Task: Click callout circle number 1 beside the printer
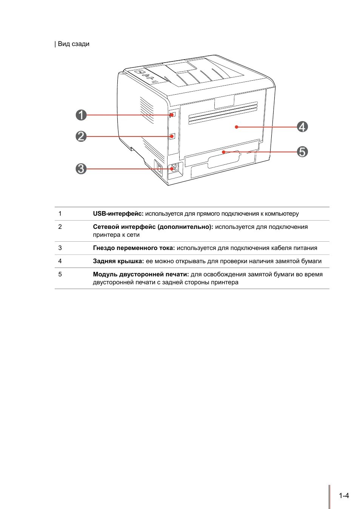pyautogui.click(x=81, y=115)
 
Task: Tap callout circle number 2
pyautogui.click(x=81, y=136)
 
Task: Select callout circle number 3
pyautogui.click(x=81, y=169)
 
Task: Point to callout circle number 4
pyautogui.click(x=302, y=127)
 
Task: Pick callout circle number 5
pyautogui.click(x=302, y=152)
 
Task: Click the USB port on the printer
pyautogui.click(x=173, y=114)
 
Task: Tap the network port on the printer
pyautogui.click(x=172, y=136)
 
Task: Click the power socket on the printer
pyautogui.click(x=174, y=168)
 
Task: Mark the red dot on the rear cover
pyautogui.click(x=237, y=127)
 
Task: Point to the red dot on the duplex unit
pyautogui.click(x=224, y=152)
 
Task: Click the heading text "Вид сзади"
pyautogui.click(x=74, y=44)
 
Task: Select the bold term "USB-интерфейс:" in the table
pyautogui.click(x=118, y=214)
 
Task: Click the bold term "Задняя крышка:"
pyautogui.click(x=118, y=261)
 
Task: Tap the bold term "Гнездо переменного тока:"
pyautogui.click(x=134, y=248)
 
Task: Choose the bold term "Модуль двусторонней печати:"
pyautogui.click(x=141, y=274)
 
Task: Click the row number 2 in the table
pyautogui.click(x=60, y=227)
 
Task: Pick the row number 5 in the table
pyautogui.click(x=60, y=274)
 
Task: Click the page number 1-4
pyautogui.click(x=344, y=496)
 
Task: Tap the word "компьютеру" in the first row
pyautogui.click(x=282, y=214)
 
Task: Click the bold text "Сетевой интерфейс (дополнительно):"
pyautogui.click(x=153, y=227)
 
